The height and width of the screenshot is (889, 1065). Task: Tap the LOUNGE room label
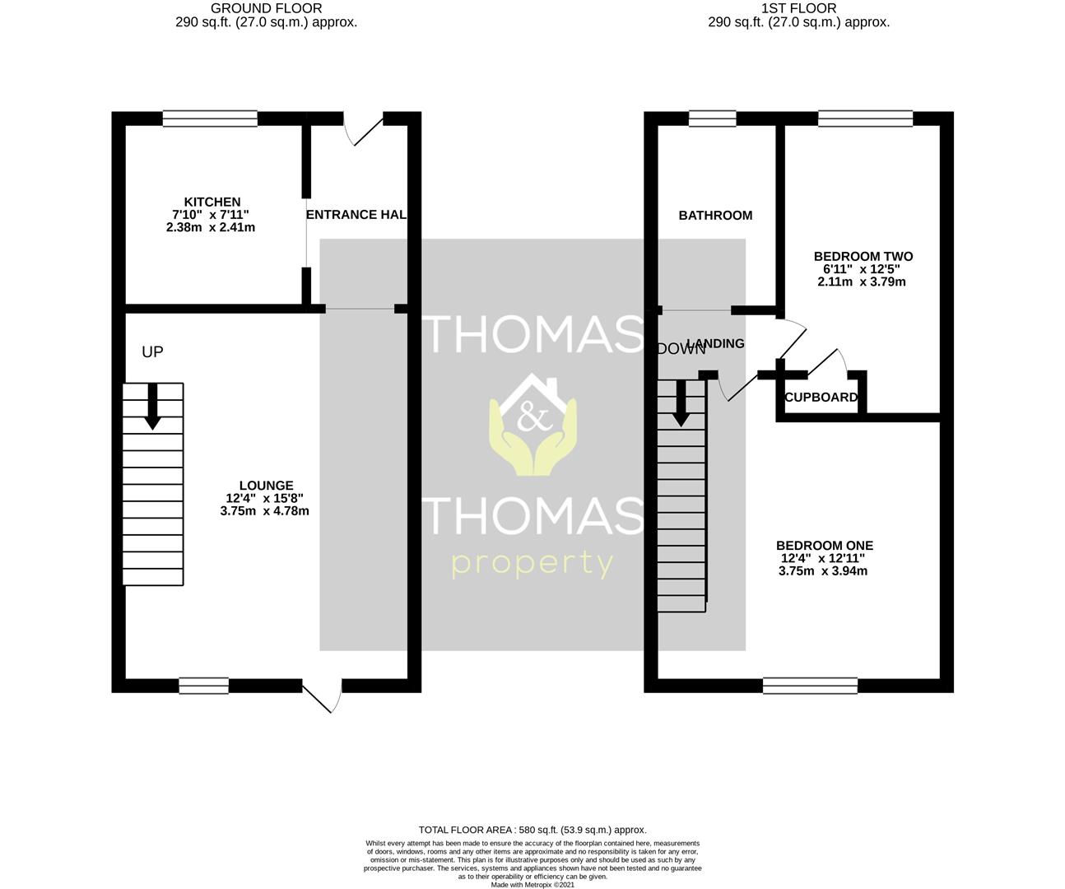pyautogui.click(x=265, y=486)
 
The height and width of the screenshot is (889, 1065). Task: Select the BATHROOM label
pyautogui.click(x=715, y=216)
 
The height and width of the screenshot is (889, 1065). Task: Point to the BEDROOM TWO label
pyautogui.click(x=863, y=257)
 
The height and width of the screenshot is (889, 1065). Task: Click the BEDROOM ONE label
pyautogui.click(x=824, y=546)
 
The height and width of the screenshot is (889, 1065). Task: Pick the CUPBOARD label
pyautogui.click(x=821, y=398)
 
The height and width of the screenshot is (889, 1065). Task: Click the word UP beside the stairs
pyautogui.click(x=152, y=352)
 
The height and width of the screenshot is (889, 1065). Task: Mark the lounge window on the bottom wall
pyautogui.click(x=203, y=685)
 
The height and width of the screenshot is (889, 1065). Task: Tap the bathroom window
pyautogui.click(x=712, y=119)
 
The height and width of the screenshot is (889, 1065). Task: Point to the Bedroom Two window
pyautogui.click(x=865, y=119)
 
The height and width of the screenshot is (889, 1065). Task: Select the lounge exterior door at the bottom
pyautogui.click(x=323, y=696)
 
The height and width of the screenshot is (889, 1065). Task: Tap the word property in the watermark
pyautogui.click(x=532, y=565)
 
